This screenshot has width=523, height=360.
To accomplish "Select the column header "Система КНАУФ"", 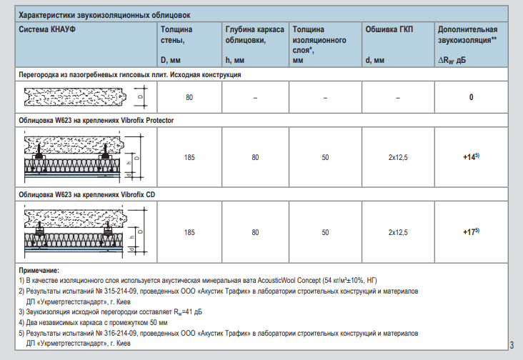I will coord(49,30).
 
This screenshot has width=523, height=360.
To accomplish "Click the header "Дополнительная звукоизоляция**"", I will coord(467,36).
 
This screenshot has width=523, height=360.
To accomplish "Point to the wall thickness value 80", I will coord(189,97).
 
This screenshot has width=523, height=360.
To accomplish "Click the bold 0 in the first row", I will coord(471,97).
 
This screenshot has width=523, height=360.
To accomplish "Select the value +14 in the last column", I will coord(469,156).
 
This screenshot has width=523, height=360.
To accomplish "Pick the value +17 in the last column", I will coord(469,232).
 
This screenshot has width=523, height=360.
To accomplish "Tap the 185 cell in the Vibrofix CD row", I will coord(189,233).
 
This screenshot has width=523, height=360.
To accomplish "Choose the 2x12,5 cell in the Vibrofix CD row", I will coord(397,233).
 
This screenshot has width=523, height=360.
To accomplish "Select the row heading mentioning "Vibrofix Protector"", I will coord(96,120).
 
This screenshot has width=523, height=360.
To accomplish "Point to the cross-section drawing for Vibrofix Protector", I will coord(81,157).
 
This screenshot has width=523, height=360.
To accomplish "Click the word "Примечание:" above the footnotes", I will coord(39,271).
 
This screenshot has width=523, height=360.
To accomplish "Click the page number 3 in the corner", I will coord(512,346).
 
